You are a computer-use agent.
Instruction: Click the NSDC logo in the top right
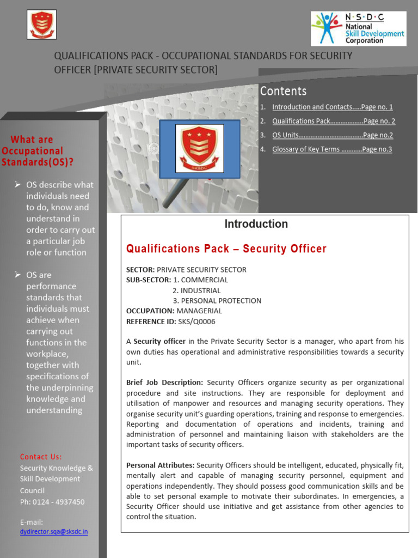[x=358, y=28]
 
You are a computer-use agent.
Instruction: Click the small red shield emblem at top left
[x=42, y=25]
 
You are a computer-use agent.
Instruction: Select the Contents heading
[x=283, y=91]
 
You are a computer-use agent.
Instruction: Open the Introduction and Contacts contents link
[x=332, y=107]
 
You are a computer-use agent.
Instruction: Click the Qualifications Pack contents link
[x=333, y=122]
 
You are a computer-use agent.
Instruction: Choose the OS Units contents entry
[x=332, y=135]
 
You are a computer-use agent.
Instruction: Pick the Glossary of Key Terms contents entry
[x=332, y=149]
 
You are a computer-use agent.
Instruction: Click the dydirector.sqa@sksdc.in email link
[x=53, y=532]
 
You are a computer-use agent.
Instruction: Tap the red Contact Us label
[x=41, y=457]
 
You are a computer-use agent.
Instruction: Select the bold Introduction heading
[x=256, y=224]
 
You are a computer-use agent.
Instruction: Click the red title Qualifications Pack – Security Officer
[x=226, y=249]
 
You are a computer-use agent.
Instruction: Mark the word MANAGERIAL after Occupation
[x=199, y=311]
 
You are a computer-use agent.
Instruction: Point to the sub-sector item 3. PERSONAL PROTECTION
[x=217, y=301]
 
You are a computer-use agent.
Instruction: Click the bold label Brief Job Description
[x=164, y=383]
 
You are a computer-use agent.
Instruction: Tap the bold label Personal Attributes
[x=160, y=465]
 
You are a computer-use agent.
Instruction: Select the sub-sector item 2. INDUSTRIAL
[x=196, y=290]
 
